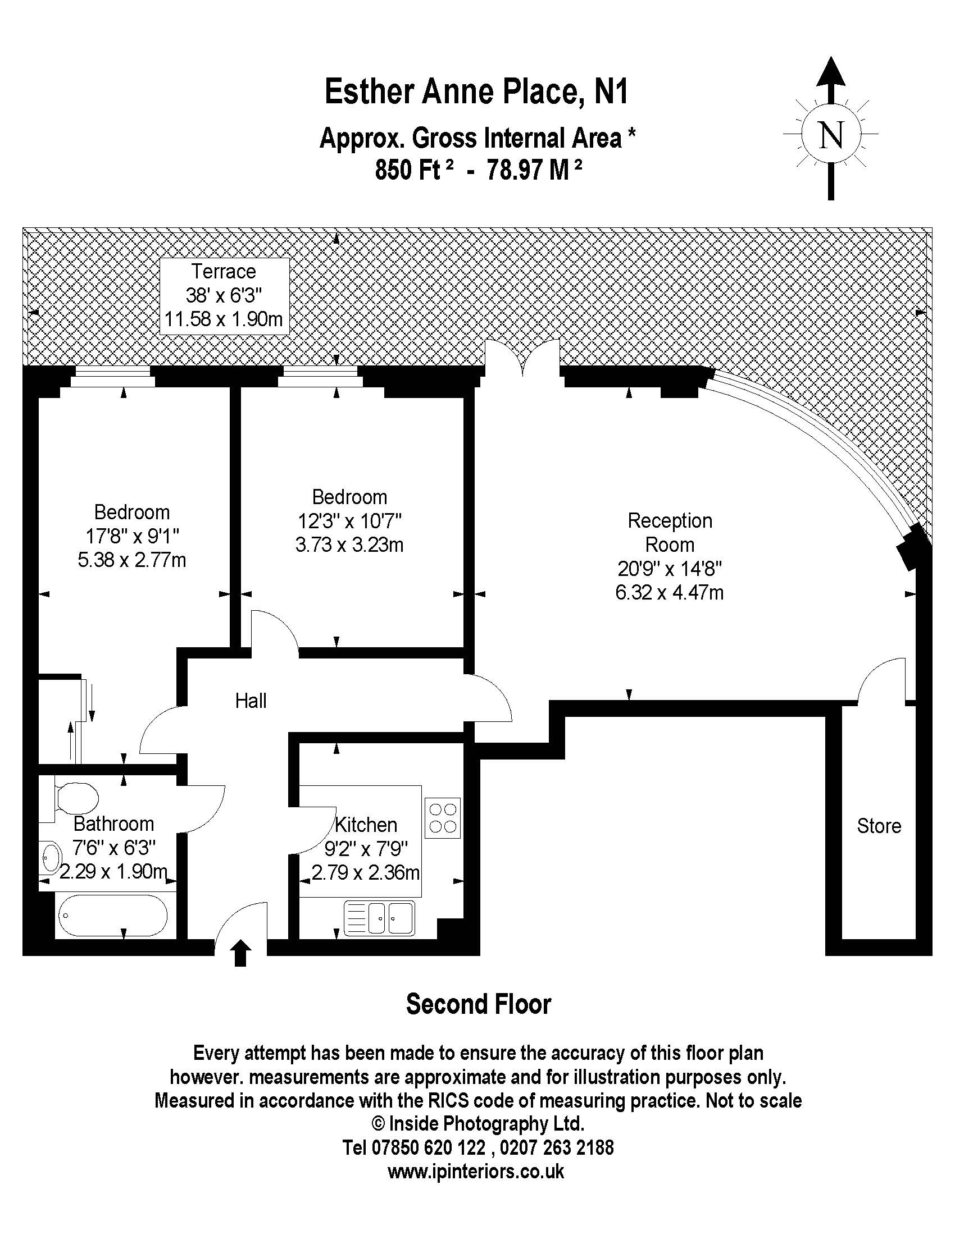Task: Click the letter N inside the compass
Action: [x=830, y=135]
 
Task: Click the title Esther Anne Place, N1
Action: [x=476, y=92]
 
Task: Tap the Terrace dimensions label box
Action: [x=224, y=296]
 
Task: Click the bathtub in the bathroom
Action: [x=112, y=914]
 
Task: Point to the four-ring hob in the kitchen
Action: [x=443, y=818]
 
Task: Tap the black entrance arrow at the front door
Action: [x=241, y=953]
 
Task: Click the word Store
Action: [x=879, y=826]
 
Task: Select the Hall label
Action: [x=251, y=701]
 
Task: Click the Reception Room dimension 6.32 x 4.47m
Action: [x=669, y=593]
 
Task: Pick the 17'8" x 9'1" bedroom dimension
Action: [x=132, y=536]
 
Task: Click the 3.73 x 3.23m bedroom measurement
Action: [x=349, y=545]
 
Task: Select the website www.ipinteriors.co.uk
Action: [x=476, y=1171]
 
